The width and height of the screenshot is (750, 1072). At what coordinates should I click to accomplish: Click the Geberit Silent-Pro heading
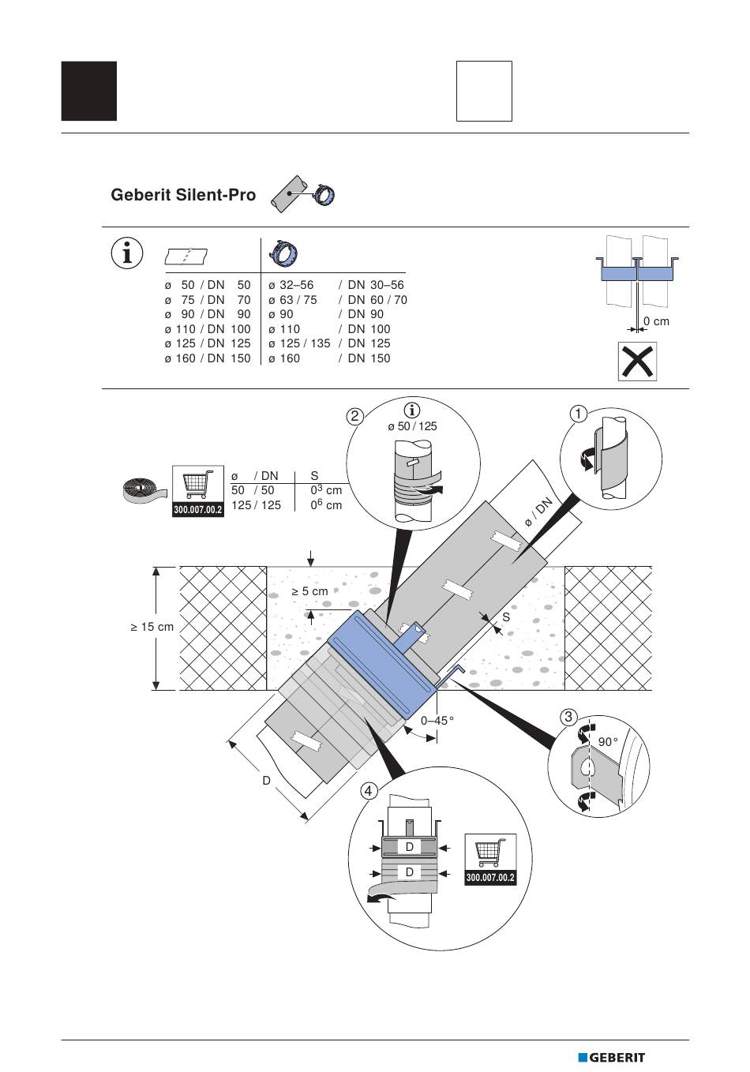(x=183, y=195)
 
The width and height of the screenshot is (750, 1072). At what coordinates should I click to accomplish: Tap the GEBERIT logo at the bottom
(x=611, y=1058)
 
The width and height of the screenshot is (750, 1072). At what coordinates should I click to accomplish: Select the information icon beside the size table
(x=127, y=253)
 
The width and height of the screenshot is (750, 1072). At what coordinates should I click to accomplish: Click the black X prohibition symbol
(x=637, y=362)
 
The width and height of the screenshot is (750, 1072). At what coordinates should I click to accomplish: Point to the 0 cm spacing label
(x=656, y=321)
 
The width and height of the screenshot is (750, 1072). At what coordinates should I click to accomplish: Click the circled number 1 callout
(x=579, y=414)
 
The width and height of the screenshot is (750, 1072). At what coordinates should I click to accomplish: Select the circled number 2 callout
(x=356, y=416)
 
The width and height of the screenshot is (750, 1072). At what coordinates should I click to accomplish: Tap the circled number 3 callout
(x=568, y=717)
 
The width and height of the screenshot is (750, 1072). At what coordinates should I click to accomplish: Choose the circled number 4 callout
(x=369, y=790)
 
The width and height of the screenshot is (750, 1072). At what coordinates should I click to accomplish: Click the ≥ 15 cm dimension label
(x=152, y=627)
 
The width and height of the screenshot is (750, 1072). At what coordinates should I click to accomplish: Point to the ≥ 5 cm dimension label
(x=309, y=590)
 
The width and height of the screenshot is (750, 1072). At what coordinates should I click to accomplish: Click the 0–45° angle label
(x=437, y=720)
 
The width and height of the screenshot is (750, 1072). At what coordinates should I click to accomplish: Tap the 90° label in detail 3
(x=608, y=742)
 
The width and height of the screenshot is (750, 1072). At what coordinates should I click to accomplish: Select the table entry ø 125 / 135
(x=299, y=343)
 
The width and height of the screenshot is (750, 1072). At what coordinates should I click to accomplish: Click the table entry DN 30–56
(x=376, y=285)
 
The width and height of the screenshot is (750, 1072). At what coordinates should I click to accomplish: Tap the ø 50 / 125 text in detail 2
(x=412, y=426)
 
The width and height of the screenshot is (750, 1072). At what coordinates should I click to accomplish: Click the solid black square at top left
(x=89, y=91)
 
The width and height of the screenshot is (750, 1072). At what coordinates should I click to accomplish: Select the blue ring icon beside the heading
(x=324, y=194)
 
